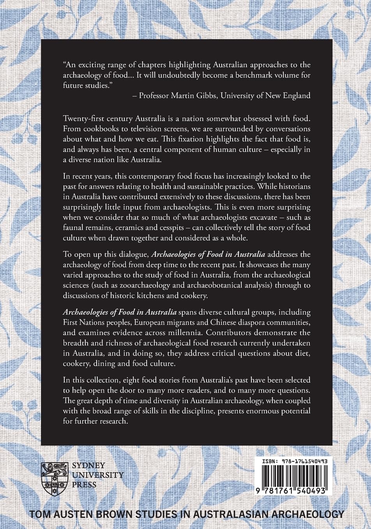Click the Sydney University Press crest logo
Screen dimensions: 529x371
click(53, 475)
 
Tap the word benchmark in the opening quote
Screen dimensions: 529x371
click(245, 75)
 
